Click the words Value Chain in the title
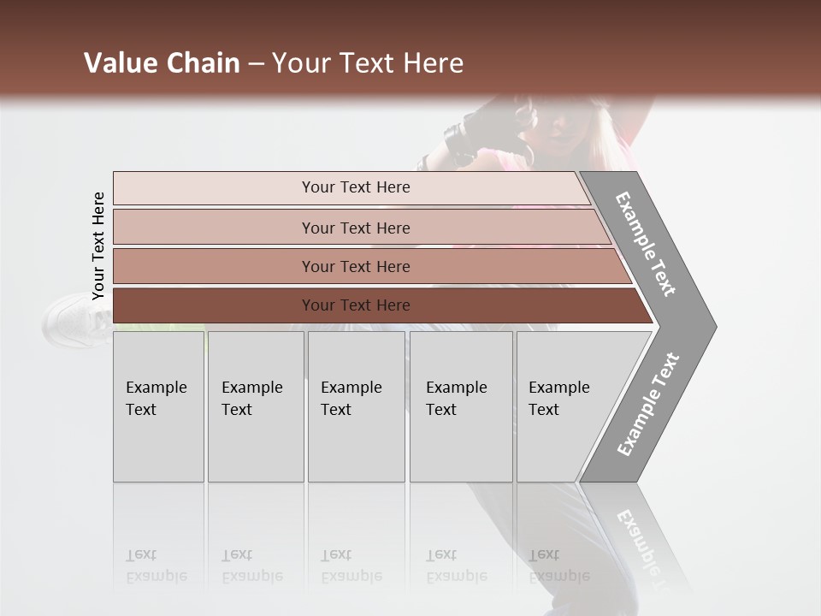[x=162, y=63]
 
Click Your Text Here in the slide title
[x=368, y=63]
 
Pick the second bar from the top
[x=356, y=228]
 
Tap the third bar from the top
[x=356, y=266]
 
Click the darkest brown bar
[x=356, y=305]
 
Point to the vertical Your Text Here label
[x=98, y=246]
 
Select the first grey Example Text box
[x=158, y=406]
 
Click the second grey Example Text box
[x=255, y=406]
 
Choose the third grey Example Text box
[x=356, y=406]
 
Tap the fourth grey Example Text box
[x=460, y=406]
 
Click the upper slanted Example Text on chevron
[x=646, y=244]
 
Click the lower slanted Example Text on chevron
[x=647, y=404]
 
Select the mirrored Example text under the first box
[x=157, y=566]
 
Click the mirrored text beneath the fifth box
[x=558, y=566]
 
